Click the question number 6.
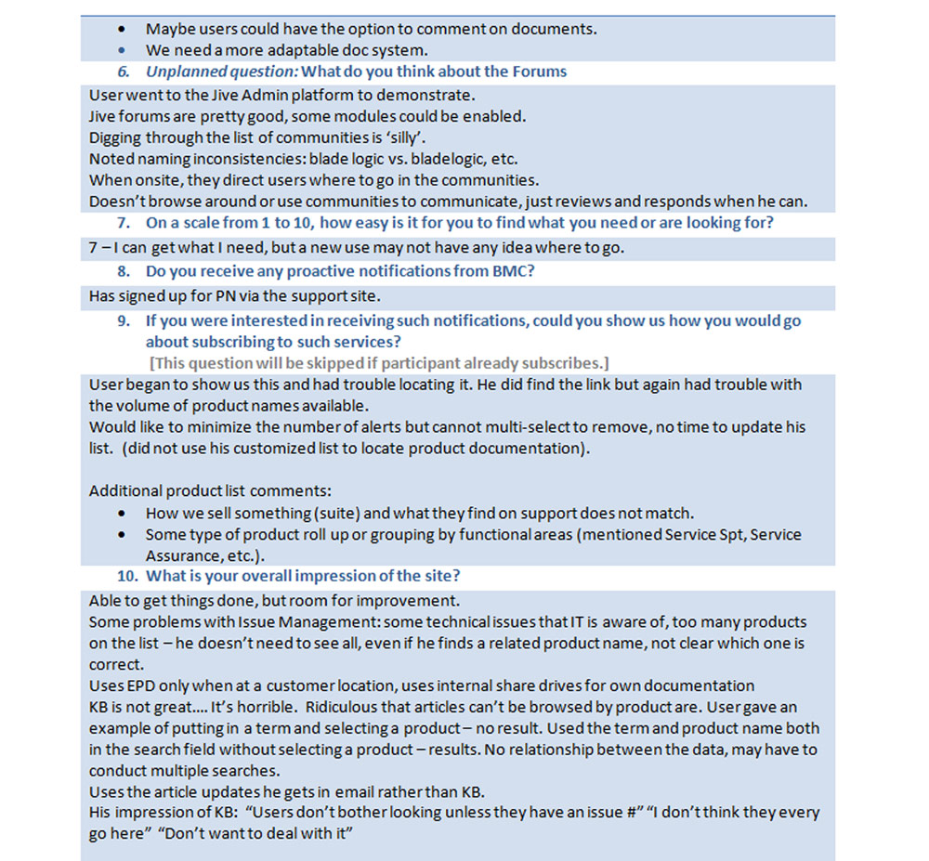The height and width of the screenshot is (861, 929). point(123,72)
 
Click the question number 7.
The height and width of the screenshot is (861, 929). point(123,223)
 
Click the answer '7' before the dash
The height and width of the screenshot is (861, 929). point(94,249)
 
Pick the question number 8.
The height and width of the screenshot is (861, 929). point(123,272)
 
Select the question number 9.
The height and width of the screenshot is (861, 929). point(123,321)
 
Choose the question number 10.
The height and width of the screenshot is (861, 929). point(126,576)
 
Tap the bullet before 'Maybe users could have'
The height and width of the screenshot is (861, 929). point(126,30)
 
